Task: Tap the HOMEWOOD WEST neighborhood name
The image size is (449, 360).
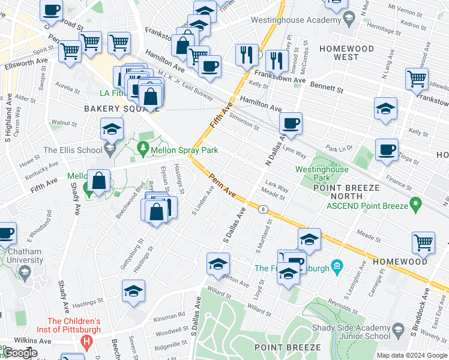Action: [x=346, y=53]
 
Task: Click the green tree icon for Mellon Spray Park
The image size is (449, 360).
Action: [x=143, y=148]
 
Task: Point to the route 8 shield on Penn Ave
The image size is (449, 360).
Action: [x=264, y=209]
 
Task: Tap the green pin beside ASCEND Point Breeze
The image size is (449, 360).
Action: [x=414, y=206]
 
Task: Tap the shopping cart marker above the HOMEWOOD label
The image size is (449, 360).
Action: [x=423, y=242]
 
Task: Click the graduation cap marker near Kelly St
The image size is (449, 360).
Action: [x=385, y=109]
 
